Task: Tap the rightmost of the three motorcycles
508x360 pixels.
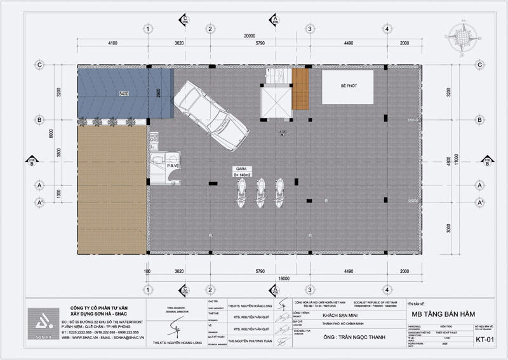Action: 279,192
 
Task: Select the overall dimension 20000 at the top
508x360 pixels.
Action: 248,36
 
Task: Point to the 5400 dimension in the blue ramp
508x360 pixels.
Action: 124,94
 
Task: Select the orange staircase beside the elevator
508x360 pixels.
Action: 300,88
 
